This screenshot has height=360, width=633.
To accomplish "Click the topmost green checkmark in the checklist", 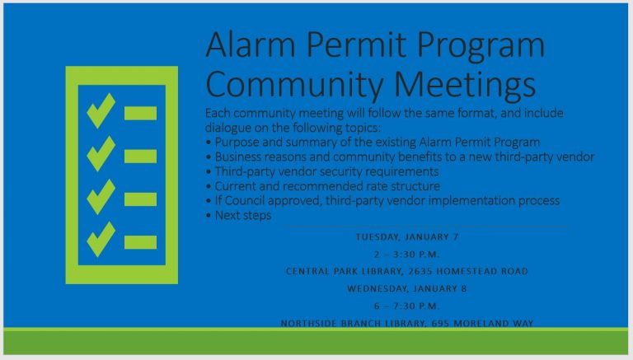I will click(x=101, y=110).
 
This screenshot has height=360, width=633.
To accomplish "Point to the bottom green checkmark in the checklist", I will click(x=101, y=240).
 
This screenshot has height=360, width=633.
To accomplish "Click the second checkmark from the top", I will click(x=101, y=153).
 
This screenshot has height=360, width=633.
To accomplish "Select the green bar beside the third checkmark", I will click(x=140, y=199).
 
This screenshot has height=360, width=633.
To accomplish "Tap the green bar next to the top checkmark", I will click(x=140, y=113).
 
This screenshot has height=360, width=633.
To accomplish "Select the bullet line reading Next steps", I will click(x=241, y=215).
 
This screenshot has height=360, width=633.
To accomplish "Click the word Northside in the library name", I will click(x=312, y=323).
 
